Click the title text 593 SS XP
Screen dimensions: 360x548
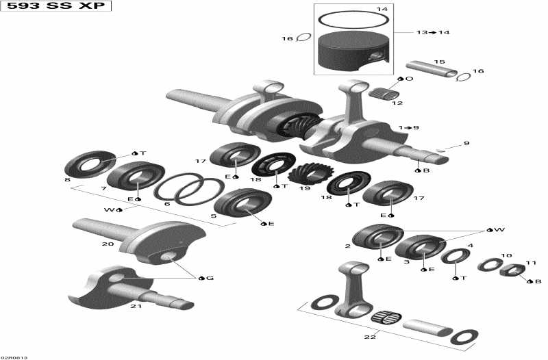(56, 6)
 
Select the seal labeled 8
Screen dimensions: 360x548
(89, 163)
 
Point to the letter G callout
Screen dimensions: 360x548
(210, 278)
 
